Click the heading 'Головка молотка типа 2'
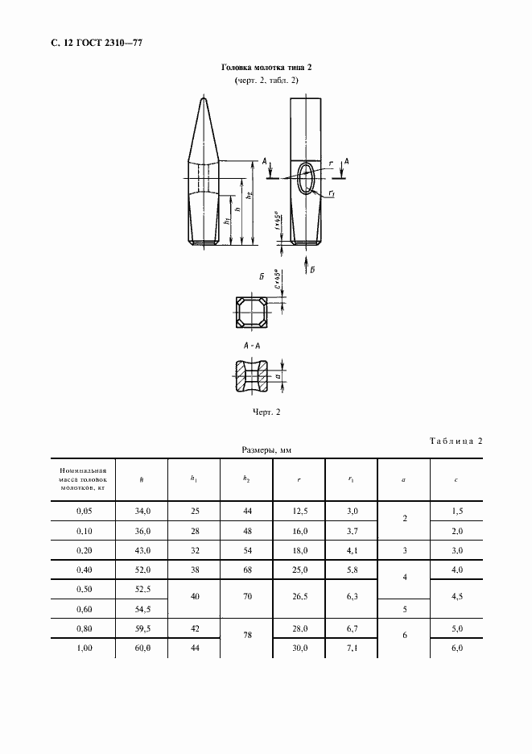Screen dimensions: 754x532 point(266,69)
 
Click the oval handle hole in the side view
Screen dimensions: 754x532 point(306,177)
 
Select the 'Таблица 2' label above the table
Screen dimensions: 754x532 point(452,441)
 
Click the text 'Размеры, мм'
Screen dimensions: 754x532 point(266,451)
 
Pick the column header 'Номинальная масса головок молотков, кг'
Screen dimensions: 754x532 point(83,479)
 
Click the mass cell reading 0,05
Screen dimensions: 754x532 point(83,512)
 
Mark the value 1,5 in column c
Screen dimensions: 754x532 point(456,512)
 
